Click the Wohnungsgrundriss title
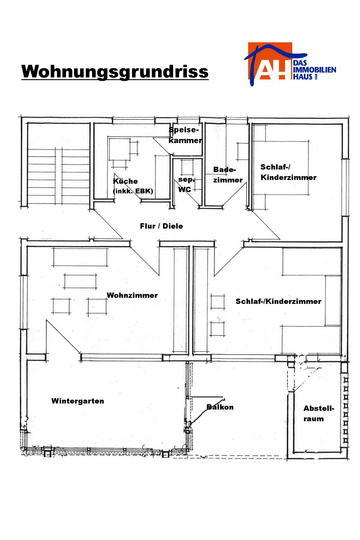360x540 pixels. coord(115,72)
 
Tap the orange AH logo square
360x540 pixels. coord(270,61)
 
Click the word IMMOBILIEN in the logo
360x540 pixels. coord(314,70)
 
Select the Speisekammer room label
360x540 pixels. coord(185,135)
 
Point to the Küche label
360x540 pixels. coord(126,181)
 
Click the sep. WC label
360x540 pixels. coord(186,185)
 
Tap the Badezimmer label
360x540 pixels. coord(228,175)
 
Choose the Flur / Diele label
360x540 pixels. coord(161,226)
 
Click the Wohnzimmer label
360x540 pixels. coord(132,295)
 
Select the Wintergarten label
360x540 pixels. coord(78,401)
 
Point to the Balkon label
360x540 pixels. coord(220,407)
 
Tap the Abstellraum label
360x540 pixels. coord(319,414)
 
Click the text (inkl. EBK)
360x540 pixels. coord(133,191)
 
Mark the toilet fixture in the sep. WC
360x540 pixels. coord(187,167)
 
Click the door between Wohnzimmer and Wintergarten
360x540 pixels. coord(64,337)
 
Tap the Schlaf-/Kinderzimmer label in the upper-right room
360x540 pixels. coord(288,172)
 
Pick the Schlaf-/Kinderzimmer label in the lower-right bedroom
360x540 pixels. coord(278,301)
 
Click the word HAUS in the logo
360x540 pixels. coord(303,76)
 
